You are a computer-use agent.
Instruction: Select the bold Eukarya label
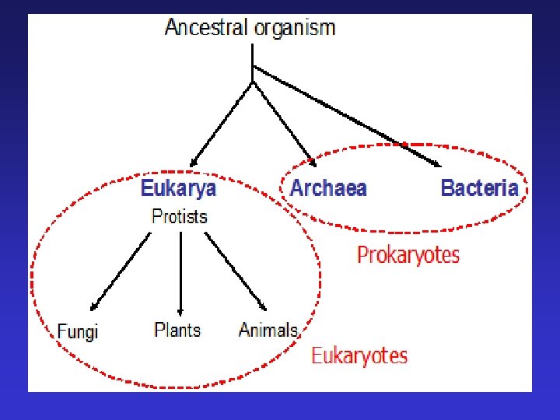pos(178,188)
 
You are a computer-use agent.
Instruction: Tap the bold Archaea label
pos(328,188)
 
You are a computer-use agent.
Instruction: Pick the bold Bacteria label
pos(479,188)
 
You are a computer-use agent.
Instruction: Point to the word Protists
pos(180,216)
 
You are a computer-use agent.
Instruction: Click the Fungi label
pos(78,331)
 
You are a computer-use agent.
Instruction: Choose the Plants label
pos(177,330)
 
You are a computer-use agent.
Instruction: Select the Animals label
pos(268,330)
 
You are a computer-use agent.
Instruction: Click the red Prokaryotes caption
pos(408,254)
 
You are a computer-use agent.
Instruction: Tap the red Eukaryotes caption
pos(359,356)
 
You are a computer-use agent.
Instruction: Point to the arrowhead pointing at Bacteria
pos(436,163)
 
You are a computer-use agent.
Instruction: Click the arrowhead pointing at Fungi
pos(93,307)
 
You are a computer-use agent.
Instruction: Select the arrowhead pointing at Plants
pos(180,310)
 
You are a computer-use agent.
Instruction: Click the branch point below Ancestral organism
pos(252,80)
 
